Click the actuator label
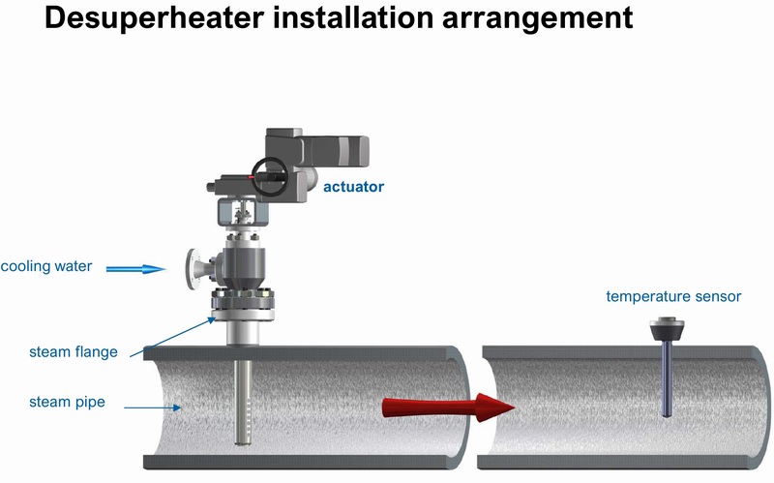pyautogui.click(x=353, y=187)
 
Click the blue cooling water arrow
pyautogui.click(x=135, y=269)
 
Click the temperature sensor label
pyautogui.click(x=673, y=296)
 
